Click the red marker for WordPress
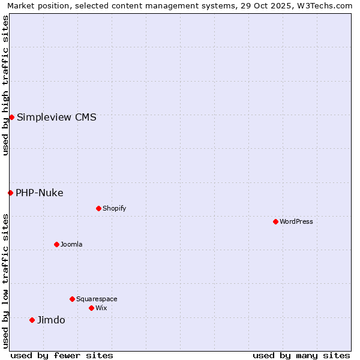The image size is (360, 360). coord(275,221)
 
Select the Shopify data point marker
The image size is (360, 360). coord(98,208)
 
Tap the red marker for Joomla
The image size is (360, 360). coord(56,244)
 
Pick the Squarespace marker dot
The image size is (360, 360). coord(72,299)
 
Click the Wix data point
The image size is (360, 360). coord(91,308)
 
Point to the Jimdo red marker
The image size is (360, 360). coord(32,320)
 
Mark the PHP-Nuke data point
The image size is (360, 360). coord(10,193)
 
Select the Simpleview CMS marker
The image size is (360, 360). coord(11,117)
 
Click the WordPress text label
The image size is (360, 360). coord(296,221)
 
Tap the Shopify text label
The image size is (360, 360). coord(114,208)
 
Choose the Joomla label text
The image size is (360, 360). coord(71,244)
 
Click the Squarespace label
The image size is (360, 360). coord(97,299)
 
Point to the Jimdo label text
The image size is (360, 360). coord(51,320)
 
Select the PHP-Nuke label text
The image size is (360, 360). coord(40,193)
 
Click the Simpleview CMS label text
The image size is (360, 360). coord(56,117)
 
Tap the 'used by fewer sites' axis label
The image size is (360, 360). coord(62,355)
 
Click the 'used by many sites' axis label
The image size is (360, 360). coord(301,355)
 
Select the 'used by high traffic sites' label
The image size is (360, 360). coord(5,85)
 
